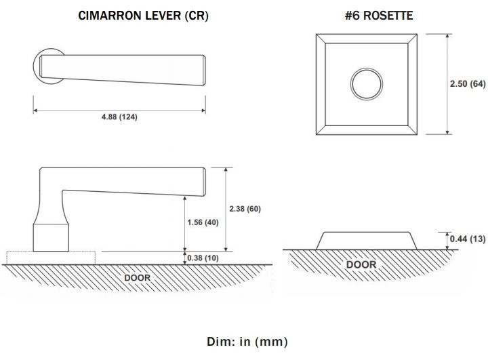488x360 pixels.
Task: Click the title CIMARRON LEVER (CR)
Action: (143, 16)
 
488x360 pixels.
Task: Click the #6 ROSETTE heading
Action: (379, 16)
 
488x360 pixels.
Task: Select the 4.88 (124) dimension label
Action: (119, 117)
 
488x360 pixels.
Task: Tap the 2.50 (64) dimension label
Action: (468, 84)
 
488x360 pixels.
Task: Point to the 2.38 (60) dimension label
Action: (245, 209)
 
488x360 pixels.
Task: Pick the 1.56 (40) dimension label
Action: (203, 222)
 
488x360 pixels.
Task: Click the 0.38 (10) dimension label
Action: (203, 258)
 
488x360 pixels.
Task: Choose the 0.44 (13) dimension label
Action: (468, 239)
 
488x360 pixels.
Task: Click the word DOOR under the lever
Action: (137, 278)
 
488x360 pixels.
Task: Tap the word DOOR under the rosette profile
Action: (361, 264)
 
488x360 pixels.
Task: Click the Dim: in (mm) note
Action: (247, 342)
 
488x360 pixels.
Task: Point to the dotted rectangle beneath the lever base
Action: (51, 252)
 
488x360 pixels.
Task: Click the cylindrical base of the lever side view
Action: (51, 237)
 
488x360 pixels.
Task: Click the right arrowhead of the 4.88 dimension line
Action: (203, 111)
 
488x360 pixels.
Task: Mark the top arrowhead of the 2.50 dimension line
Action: (447, 36)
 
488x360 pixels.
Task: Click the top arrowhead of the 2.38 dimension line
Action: (226, 169)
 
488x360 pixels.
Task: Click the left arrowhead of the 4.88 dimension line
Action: (35, 111)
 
